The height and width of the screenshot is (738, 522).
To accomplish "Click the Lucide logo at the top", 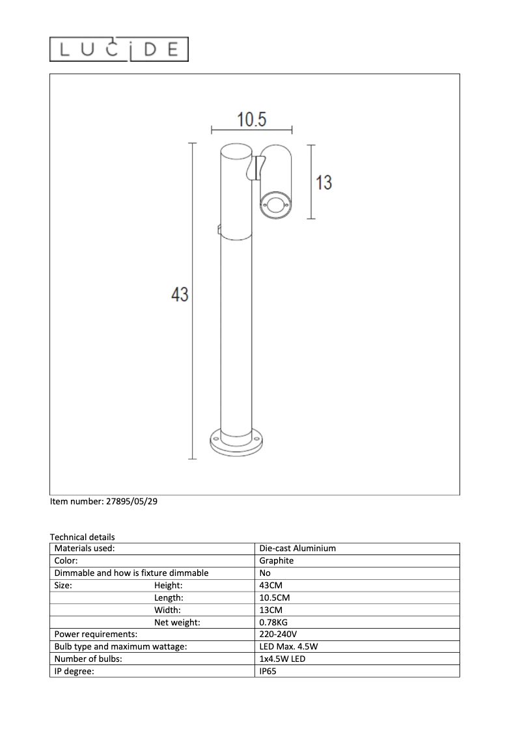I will coord(119,49).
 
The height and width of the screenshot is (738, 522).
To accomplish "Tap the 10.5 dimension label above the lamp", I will coord(251,120).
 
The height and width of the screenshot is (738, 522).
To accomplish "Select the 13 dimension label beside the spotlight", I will coord(323,183).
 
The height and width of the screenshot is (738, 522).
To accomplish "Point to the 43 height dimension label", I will coord(180,295).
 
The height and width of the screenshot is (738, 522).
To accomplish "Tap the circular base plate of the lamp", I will coord(234,442).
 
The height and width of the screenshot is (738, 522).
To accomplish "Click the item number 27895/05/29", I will coord(103,502).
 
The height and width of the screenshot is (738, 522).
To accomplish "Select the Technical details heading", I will coord(82,537).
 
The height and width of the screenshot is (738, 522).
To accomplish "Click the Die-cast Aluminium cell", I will coord(297,549).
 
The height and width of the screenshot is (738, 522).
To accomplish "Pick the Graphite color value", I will coord(277,560).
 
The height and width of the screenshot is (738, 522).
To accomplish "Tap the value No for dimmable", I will coord(265,573).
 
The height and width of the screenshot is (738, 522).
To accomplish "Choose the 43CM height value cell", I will coord(271,585).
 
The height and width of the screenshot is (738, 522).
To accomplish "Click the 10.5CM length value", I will coord(274,597).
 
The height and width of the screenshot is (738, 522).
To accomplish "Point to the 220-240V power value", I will coord(279,634).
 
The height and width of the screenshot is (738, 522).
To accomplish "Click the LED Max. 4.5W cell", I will coord(288,646).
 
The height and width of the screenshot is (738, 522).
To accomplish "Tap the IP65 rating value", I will coord(268,671).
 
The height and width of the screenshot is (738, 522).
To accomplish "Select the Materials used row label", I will coord(85,549).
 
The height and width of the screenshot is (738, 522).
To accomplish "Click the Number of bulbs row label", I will coord(89,659).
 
